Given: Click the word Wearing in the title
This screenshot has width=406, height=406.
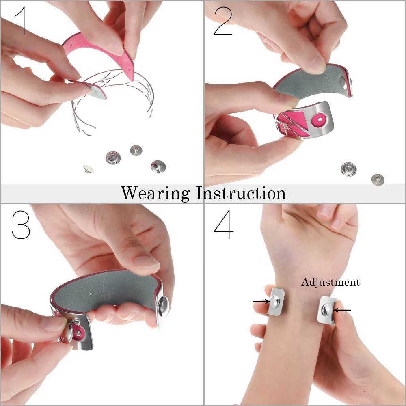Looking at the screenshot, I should click(155, 193).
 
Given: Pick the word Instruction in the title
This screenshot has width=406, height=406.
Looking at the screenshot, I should click(241, 193).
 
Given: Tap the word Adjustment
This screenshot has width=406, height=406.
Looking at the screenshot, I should click(330, 282).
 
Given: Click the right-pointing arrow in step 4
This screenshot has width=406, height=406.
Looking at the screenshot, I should click(260, 301).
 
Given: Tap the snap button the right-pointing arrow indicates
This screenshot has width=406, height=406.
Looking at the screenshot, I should click(274, 301).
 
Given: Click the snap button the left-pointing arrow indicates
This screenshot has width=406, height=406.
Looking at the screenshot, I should click(327, 311).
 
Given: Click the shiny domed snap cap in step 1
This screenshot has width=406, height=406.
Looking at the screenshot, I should click(158, 166).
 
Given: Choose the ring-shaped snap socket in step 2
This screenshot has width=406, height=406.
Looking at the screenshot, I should click(348, 168).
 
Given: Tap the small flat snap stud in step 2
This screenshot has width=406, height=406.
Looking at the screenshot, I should click(378, 179).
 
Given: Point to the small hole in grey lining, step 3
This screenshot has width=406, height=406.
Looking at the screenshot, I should click(91, 294).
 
